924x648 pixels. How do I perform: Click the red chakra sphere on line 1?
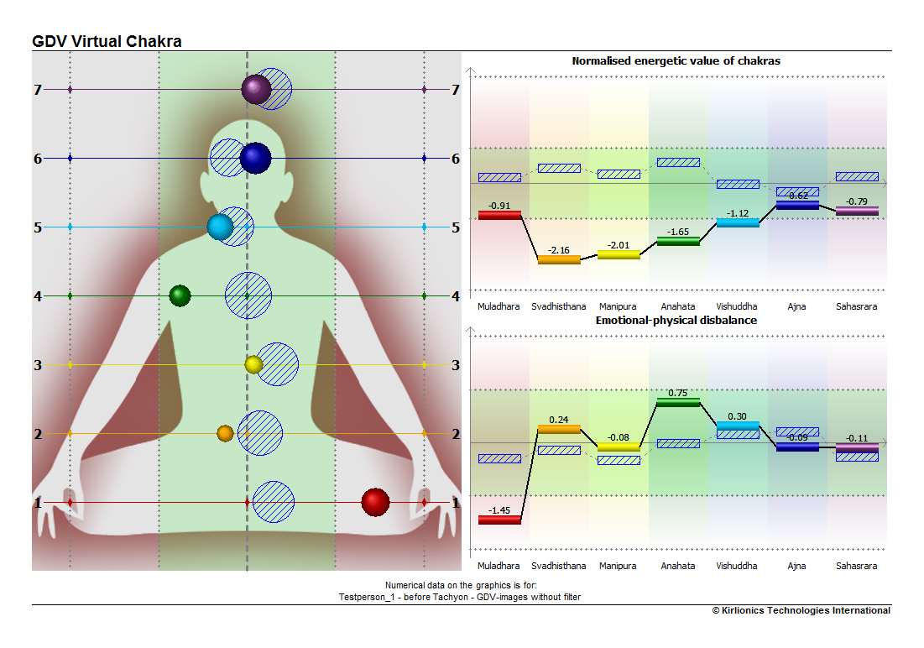click(375, 502)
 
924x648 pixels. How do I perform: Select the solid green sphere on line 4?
click(180, 295)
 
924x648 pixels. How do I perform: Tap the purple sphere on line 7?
click(256, 90)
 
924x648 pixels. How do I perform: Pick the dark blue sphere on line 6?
click(255, 158)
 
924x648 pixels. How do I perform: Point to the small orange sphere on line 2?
click(225, 433)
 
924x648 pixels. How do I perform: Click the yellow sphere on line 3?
click(253, 364)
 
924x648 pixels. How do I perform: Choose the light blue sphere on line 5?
click(221, 227)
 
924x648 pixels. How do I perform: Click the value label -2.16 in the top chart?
click(559, 250)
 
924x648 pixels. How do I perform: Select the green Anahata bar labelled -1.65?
click(678, 241)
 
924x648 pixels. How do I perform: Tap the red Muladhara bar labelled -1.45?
click(499, 520)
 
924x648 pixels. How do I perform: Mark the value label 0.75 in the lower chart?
click(677, 393)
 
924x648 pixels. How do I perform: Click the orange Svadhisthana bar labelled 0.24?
click(559, 429)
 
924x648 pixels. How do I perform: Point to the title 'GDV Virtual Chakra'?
click(107, 41)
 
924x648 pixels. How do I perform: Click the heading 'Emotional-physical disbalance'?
click(676, 320)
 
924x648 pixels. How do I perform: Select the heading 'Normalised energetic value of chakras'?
click(676, 60)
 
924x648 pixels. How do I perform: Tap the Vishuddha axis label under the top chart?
click(737, 306)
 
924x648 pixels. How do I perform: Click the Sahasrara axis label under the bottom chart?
click(856, 566)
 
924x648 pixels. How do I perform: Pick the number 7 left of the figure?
click(38, 90)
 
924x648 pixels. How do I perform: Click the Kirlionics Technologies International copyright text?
click(801, 610)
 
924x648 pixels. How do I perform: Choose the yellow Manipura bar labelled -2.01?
click(619, 254)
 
